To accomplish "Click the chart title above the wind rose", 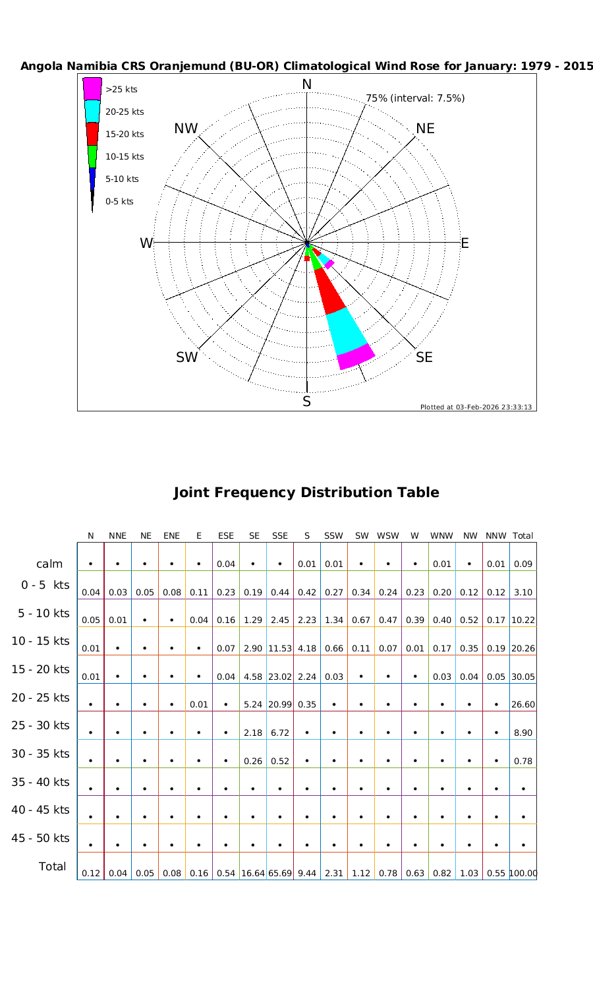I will tap(307, 67).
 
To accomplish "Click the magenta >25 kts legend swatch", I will tap(92, 88).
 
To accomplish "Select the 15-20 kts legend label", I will tap(125, 135).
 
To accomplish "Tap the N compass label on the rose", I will tap(307, 84).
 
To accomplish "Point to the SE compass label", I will tap(424, 357).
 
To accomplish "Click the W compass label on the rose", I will tap(146, 243).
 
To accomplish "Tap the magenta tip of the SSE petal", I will tap(356, 357).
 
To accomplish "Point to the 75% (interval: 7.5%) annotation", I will tap(415, 98).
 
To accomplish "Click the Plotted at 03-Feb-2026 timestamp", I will tap(476, 407).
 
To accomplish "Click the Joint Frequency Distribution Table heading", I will tap(306, 493).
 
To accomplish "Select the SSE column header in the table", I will tap(280, 536).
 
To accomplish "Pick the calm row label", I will tap(50, 564).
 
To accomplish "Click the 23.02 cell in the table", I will tap(280, 676).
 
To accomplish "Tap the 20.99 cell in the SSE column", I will tap(280, 704).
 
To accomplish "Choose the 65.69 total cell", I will tap(280, 873).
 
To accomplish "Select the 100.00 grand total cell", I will tap(523, 873).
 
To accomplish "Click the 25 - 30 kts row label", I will tap(41, 725).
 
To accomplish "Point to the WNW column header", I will tap(441, 536).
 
